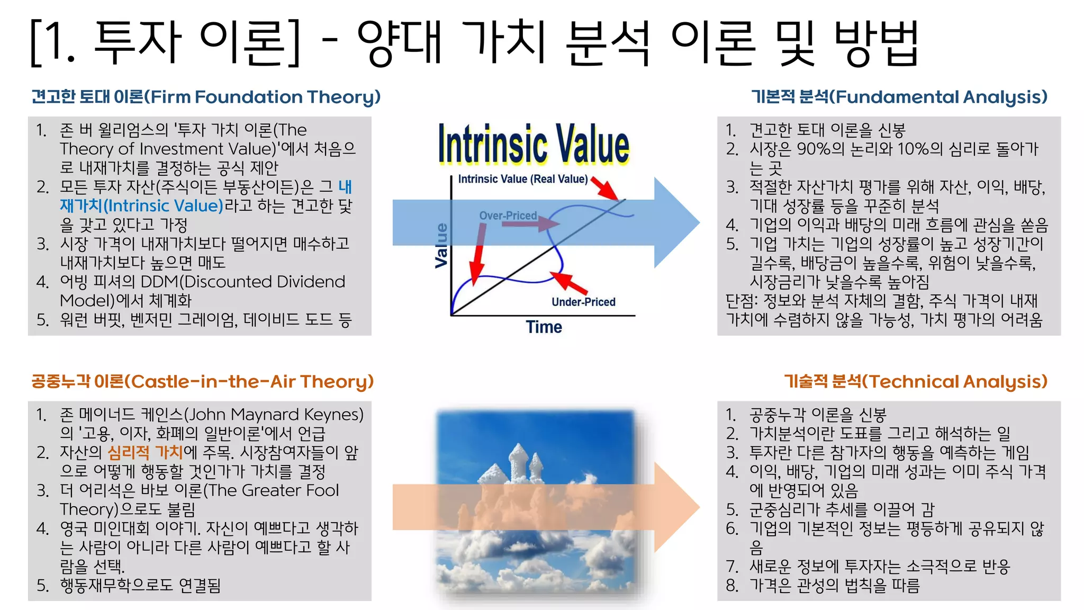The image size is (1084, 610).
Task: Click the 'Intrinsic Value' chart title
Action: (x=534, y=144)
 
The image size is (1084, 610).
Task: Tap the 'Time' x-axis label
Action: (x=544, y=327)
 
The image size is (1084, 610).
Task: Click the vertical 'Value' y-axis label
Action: (x=441, y=245)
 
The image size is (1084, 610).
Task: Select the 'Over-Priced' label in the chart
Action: (x=508, y=216)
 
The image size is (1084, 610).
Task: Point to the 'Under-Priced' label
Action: (x=583, y=302)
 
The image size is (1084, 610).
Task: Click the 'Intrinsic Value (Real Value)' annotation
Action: (x=522, y=179)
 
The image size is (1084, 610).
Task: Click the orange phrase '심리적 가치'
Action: (x=145, y=452)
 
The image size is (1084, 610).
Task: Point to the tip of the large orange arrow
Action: (x=698, y=507)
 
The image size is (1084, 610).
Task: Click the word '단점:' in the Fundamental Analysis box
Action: (x=742, y=301)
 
